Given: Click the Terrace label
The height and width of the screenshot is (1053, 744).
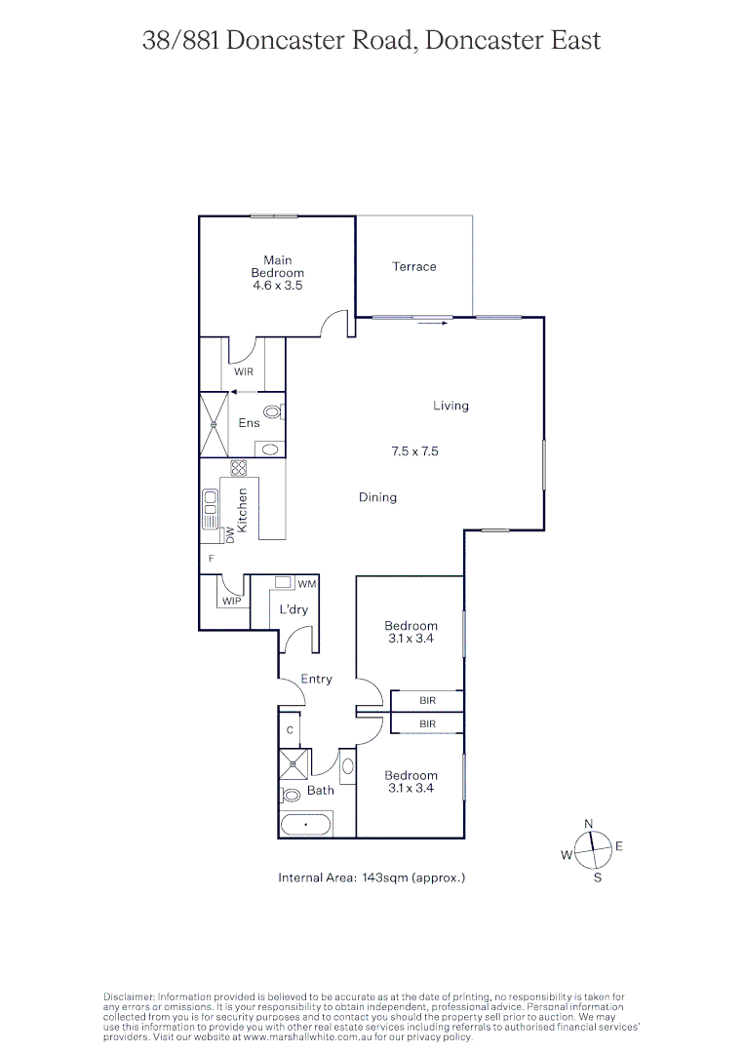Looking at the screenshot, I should tap(414, 266).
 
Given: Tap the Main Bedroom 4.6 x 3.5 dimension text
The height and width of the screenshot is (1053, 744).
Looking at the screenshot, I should tap(278, 286).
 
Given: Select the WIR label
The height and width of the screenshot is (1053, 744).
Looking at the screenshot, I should tap(243, 371).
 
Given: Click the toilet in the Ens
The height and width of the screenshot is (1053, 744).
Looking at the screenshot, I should tap(273, 413).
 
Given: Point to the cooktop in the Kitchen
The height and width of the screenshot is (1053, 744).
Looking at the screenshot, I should tap(239, 468).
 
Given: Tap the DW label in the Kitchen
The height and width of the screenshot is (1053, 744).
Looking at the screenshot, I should tap(230, 535).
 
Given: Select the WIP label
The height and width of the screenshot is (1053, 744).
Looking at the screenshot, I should tap(231, 602).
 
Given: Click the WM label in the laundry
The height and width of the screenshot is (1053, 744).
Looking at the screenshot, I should tap(306, 584).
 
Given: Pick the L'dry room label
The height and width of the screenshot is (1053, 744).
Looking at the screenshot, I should tap(294, 609).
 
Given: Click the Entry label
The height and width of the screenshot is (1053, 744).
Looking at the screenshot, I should tap(316, 679).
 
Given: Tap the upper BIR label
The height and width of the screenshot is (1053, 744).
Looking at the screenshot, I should tap(427, 701).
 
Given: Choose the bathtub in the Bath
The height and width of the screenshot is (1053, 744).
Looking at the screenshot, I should tap(306, 825).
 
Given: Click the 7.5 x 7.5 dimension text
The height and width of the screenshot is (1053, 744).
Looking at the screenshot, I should tap(414, 451).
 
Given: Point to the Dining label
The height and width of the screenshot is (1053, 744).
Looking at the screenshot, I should tap(377, 497).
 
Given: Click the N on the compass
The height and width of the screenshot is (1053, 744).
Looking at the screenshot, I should tap(588, 824).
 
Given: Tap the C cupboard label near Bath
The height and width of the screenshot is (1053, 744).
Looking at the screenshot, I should tap(290, 729).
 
